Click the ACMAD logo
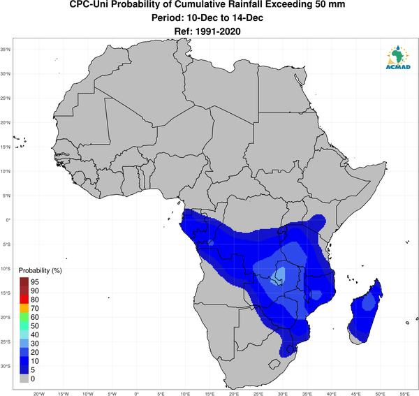398,57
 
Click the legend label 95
35,282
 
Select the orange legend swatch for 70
24,309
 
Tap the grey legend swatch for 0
24,379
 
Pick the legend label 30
35,344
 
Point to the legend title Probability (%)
40,271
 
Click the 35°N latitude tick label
6,50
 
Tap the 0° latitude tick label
8,220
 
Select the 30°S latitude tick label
6,366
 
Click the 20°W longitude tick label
38,394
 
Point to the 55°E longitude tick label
404,394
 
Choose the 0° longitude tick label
136,394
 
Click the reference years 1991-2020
218,31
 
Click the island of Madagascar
365,313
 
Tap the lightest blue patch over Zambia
279,277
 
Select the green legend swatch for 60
24,317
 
